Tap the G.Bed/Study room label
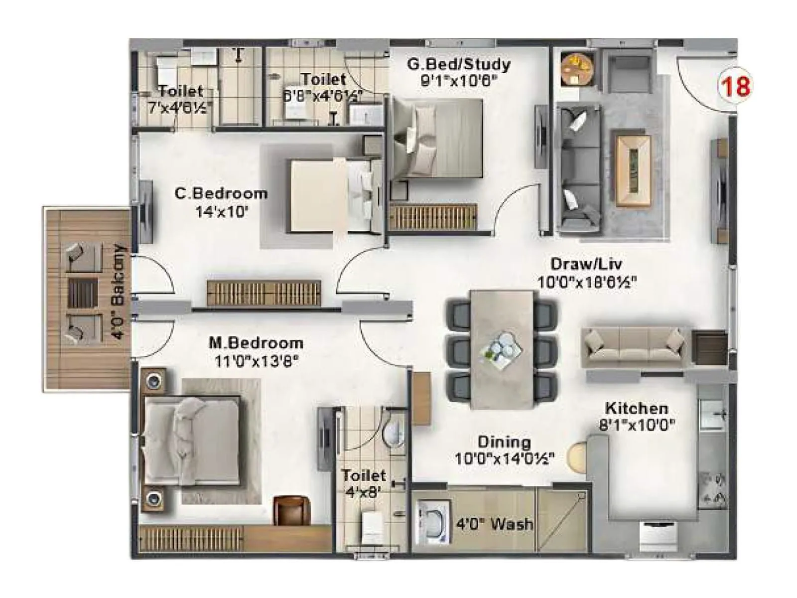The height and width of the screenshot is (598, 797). click(x=458, y=64)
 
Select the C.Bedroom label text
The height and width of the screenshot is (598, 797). click(x=221, y=193)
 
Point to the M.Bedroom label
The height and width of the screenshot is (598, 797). click(x=256, y=343)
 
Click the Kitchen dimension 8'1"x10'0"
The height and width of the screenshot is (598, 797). click(x=637, y=425)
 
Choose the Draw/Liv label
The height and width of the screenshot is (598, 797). click(x=586, y=264)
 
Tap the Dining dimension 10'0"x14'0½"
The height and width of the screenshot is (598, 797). click(x=505, y=458)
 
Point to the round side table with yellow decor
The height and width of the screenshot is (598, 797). click(x=577, y=68)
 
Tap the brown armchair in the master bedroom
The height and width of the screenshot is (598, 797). click(x=292, y=510)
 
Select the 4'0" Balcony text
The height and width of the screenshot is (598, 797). click(x=120, y=292)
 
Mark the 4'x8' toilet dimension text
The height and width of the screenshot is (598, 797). click(x=363, y=492)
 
